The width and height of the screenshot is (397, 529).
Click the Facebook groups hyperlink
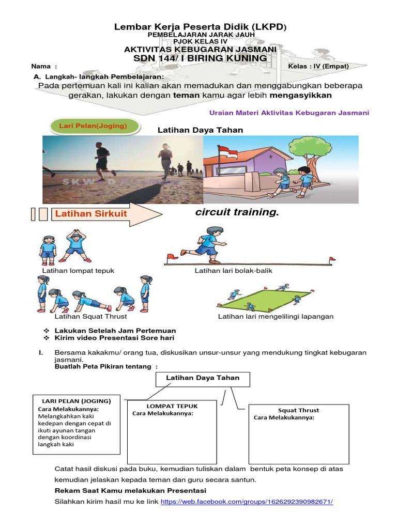pos(247,502)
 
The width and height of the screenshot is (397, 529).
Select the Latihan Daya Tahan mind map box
pos(203,379)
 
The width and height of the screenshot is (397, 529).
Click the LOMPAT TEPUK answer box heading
pos(172,406)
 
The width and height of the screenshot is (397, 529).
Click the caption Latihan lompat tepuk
pos(78,271)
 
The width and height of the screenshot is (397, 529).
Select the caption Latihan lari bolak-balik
pos(233,271)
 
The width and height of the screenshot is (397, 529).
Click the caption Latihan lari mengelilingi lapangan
pos(276,316)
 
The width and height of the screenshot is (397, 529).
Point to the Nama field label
pos(41,66)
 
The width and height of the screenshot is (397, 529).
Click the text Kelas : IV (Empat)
pos(318,66)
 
